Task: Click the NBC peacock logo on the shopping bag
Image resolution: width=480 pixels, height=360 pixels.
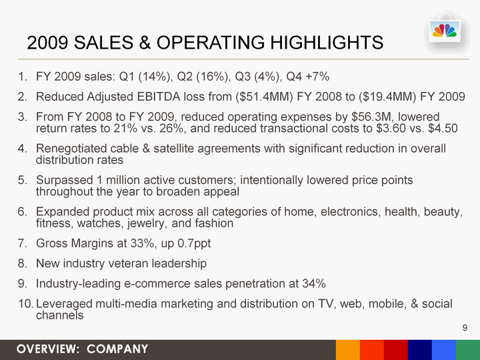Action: click(445, 31)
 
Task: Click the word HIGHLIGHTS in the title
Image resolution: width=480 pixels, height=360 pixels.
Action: click(327, 42)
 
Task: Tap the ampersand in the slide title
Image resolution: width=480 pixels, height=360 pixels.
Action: click(145, 42)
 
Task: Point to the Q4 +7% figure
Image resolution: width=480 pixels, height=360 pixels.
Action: click(307, 76)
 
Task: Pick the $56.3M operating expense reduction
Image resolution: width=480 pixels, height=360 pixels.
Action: click(371, 117)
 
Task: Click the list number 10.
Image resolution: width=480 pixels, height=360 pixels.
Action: click(25, 304)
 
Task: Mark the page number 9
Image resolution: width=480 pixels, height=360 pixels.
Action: click(465, 328)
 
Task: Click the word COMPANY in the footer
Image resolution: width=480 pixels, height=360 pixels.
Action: click(117, 349)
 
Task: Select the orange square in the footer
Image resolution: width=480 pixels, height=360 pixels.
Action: click(348, 350)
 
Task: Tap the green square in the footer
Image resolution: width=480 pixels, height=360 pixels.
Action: click(468, 350)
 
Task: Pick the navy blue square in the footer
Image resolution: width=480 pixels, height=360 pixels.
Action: click(420, 350)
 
